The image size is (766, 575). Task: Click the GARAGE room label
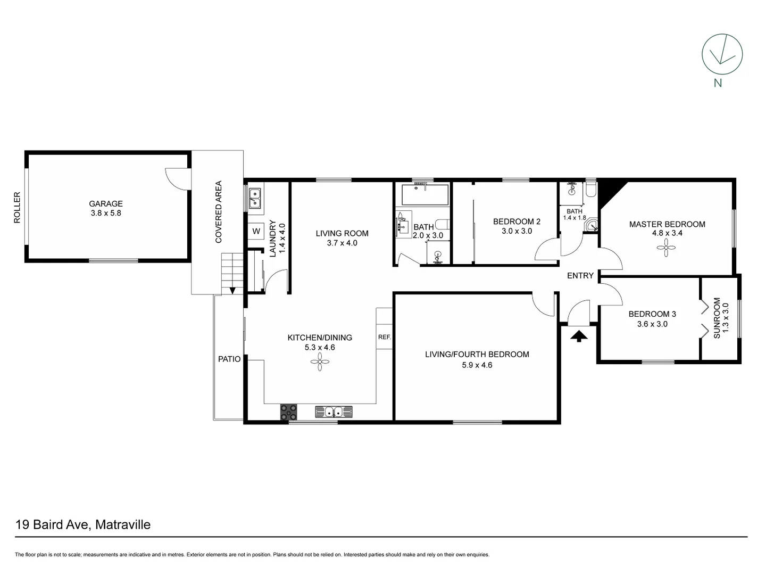pyautogui.click(x=105, y=203)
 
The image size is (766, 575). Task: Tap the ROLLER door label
pyautogui.click(x=17, y=208)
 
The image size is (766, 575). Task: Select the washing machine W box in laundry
pyautogui.click(x=256, y=231)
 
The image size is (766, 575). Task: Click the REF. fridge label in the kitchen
pyautogui.click(x=384, y=337)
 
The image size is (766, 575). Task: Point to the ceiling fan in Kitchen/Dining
pyautogui.click(x=320, y=364)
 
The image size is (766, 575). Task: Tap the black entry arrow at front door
pyautogui.click(x=579, y=336)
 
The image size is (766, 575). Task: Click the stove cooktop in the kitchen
pyautogui.click(x=289, y=412)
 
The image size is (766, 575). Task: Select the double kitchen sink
pyautogui.click(x=334, y=412)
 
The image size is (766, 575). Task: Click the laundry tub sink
pyautogui.click(x=254, y=198)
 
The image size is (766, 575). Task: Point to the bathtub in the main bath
pyautogui.click(x=424, y=194)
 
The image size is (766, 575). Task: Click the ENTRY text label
pyautogui.click(x=580, y=275)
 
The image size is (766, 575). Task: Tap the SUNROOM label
pyautogui.click(x=717, y=318)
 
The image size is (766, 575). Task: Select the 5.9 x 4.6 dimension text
pyautogui.click(x=477, y=365)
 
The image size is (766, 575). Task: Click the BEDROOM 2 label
pyautogui.click(x=516, y=221)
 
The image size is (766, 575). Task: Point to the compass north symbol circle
pyautogui.click(x=722, y=54)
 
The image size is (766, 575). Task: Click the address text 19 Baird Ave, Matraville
pyautogui.click(x=83, y=524)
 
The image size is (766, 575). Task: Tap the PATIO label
pyautogui.click(x=229, y=359)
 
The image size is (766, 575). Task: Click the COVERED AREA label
pyautogui.click(x=218, y=212)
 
